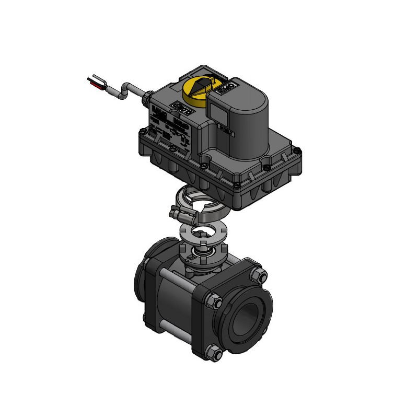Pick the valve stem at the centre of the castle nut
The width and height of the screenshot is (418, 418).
click(x=201, y=254)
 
